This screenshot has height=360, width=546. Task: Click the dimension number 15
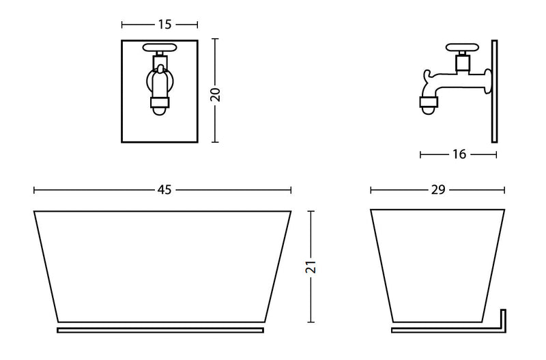pyautogui.click(x=164, y=25)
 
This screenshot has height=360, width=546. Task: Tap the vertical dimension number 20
pyautogui.click(x=216, y=94)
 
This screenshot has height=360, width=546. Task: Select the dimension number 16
pyautogui.click(x=459, y=154)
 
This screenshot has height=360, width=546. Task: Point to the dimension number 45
pyautogui.click(x=164, y=190)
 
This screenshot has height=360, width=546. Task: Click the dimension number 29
pyautogui.click(x=438, y=190)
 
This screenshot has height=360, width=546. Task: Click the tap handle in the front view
pyautogui.click(x=160, y=49)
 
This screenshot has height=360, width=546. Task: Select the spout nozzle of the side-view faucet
pyautogui.click(x=428, y=104)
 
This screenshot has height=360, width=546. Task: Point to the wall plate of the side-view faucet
pyautogui.click(x=494, y=91)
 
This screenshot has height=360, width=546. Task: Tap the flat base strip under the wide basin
pyautogui.click(x=160, y=330)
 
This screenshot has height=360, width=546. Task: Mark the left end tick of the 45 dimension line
pyautogui.click(x=34, y=190)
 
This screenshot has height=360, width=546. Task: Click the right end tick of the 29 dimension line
pyautogui.click(x=504, y=190)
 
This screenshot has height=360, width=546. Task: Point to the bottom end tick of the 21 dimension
pyautogui.click(x=311, y=322)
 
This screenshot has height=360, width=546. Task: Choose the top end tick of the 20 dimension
pyautogui.click(x=216, y=39)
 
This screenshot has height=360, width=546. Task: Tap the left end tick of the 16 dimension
pyautogui.click(x=420, y=154)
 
